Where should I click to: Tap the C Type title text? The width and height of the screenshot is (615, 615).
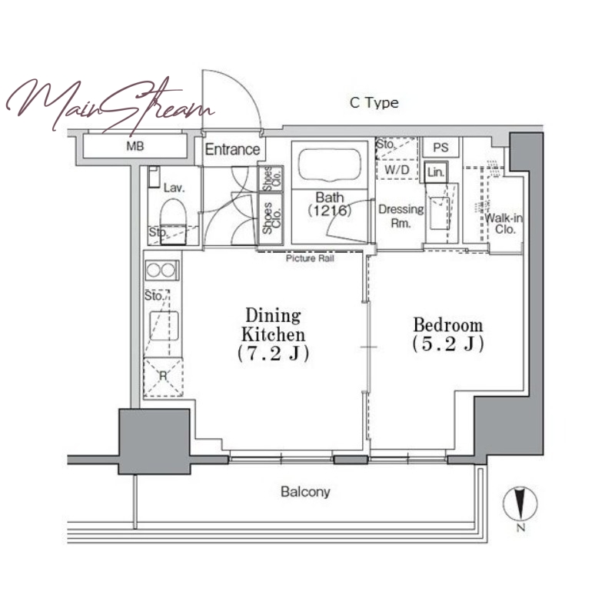pos(374,103)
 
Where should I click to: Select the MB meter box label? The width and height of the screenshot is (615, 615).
pos(135,146)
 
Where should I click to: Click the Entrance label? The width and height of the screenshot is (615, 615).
pos(232,149)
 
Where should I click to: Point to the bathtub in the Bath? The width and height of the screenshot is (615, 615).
pos(330,165)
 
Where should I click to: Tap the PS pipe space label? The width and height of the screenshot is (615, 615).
pos(440,148)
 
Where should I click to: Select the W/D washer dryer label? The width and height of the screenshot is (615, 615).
pos(397,170)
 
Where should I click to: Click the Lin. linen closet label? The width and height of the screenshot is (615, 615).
pos(436,171)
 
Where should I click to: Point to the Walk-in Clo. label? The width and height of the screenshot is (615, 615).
pos(504,224)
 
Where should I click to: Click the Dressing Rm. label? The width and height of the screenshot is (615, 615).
pos(401,216)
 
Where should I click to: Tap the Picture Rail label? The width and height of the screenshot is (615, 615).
pos(310,258)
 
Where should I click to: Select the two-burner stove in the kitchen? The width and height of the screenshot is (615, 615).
pos(162,270)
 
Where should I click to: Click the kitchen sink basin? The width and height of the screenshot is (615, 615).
pos(165,326)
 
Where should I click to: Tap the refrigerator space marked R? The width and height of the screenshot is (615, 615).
pos(163,377)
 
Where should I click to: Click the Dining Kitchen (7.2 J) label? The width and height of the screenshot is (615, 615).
pos(274,334)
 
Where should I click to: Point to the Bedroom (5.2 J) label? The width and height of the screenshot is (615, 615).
pos(448,334)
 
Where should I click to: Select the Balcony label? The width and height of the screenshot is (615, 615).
pos(305,492)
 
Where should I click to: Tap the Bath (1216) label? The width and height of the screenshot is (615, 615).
pos(330,204)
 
